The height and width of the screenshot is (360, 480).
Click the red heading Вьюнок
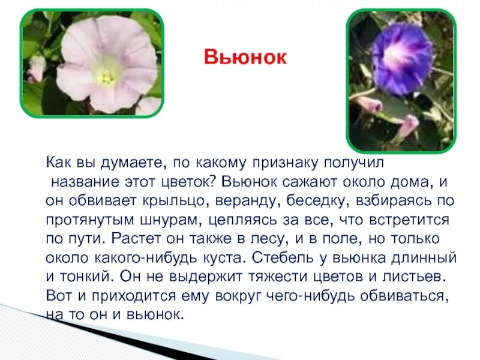(x=245, y=58)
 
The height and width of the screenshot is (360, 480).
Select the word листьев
(x=416, y=277)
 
